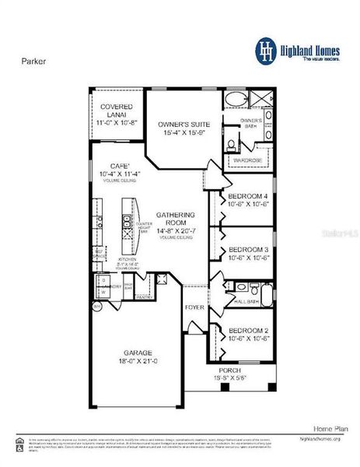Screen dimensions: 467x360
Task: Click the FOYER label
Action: (194, 307)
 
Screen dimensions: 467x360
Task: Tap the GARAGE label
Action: (137, 352)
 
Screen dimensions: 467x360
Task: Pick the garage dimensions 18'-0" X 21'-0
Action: (137, 361)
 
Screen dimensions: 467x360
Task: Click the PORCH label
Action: (229, 370)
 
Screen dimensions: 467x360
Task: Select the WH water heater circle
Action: (97, 307)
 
